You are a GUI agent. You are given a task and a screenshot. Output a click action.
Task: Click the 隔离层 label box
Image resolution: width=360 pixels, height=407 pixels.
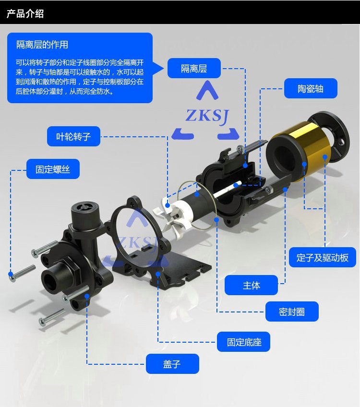pos(194,68)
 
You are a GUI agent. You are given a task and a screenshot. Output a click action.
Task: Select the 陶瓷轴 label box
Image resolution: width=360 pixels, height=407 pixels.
pos(311,88)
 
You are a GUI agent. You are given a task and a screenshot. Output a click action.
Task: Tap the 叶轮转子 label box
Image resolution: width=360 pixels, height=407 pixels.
pos(73,136)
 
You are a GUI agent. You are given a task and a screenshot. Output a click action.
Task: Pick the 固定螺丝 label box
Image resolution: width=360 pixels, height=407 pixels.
pos(53,169)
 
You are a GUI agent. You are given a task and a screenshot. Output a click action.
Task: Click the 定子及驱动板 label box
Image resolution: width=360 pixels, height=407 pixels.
pos(323,257)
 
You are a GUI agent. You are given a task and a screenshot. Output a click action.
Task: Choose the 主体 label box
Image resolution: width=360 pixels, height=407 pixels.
pos(251,285)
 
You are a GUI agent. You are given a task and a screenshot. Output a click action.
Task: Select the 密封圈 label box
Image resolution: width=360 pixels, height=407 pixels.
pos(292,311)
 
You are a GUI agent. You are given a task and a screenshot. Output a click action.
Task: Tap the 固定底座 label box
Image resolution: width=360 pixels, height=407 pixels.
pos(243,342)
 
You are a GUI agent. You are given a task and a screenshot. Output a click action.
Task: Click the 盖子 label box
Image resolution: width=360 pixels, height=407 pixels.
pos(172,364)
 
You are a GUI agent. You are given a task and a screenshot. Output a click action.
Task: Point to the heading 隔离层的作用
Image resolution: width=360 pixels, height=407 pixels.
pos(42,45)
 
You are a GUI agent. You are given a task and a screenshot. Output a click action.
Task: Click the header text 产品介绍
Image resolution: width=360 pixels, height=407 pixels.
pos(25,13)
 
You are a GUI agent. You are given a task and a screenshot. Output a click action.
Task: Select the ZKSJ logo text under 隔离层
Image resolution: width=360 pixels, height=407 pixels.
pos(207,116)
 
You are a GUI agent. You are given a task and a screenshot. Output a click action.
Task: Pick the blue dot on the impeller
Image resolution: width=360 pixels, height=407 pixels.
pos(168,205)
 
